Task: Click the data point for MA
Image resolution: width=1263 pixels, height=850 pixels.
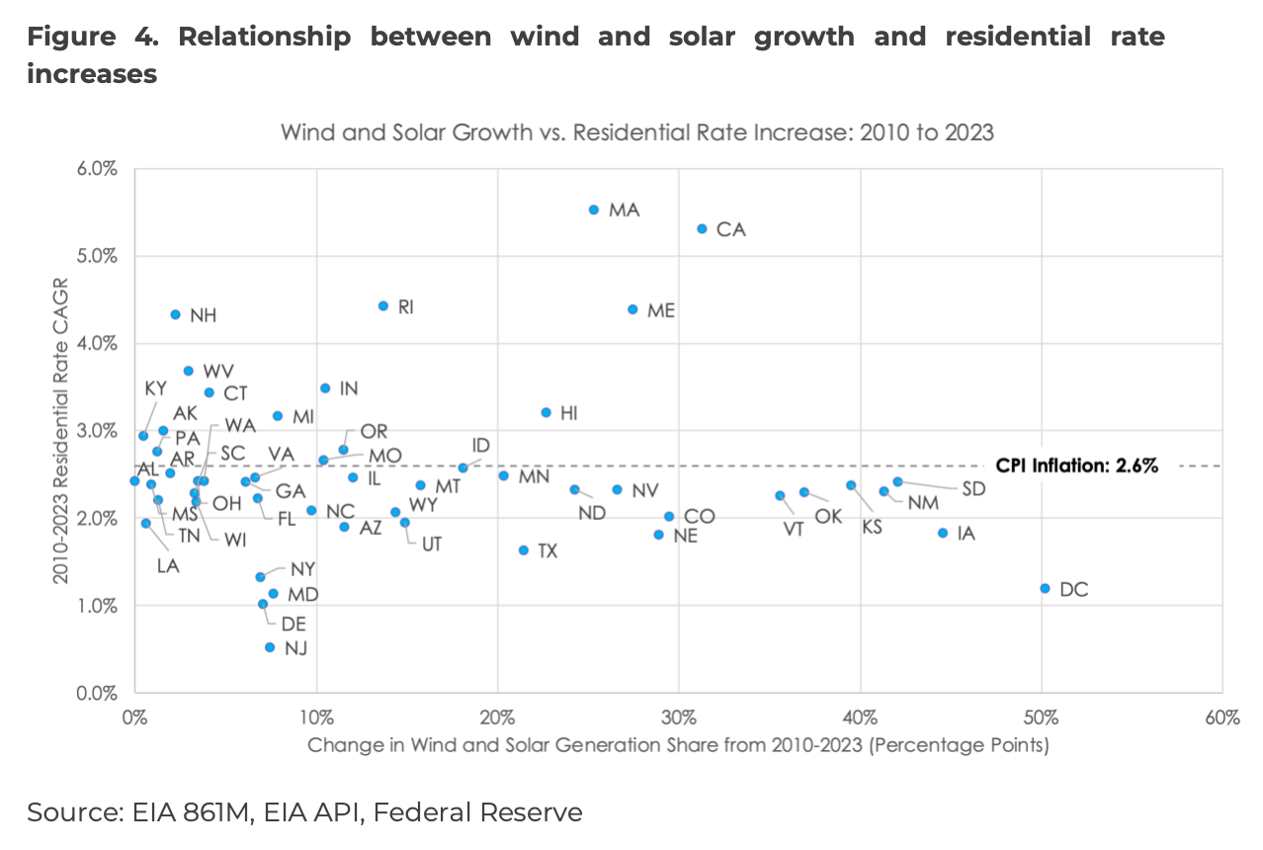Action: pos(594,210)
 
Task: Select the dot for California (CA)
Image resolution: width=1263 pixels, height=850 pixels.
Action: pos(702,228)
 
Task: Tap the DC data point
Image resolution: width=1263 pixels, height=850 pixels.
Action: pos(1045,588)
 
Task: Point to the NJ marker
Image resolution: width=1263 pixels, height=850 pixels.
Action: pos(270,647)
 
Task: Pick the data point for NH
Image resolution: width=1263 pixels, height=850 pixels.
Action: pos(175,314)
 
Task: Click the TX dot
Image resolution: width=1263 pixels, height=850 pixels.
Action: pos(524,550)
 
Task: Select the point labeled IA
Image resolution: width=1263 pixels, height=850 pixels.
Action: pos(943,533)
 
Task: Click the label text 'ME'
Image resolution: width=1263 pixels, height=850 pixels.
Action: pos(660,310)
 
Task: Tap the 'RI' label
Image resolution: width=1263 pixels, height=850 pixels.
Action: pos(405,307)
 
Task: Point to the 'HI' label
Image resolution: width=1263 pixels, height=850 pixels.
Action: pos(568,413)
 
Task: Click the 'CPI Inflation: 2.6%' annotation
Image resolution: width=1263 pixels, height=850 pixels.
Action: pos(1076,467)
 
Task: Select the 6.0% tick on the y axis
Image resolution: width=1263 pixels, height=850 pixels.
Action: pos(98,169)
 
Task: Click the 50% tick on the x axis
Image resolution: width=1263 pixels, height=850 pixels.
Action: pos(1041,717)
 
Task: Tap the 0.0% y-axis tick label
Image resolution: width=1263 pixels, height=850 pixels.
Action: pos(98,693)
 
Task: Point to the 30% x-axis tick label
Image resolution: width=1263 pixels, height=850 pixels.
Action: pos(679,717)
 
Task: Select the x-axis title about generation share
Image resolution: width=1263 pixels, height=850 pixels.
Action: pos(678,745)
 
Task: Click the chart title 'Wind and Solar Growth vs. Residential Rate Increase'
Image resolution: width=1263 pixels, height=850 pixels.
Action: pos(637,131)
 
